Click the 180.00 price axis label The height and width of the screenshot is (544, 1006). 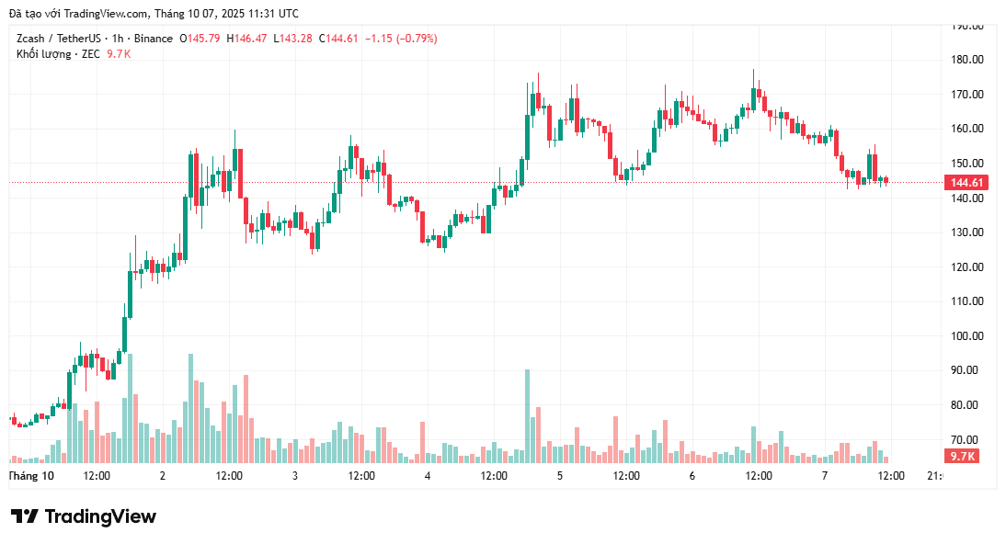969,60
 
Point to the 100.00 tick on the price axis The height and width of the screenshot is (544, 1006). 969,335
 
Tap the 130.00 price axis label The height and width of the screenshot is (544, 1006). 969,232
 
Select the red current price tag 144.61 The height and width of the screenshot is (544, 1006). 967,183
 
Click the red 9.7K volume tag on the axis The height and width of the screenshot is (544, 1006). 963,457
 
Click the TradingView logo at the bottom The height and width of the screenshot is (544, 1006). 84,516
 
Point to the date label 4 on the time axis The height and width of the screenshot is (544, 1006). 428,476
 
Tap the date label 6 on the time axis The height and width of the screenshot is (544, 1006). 692,476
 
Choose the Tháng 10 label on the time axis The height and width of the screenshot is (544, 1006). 31,476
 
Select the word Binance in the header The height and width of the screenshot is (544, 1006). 152,39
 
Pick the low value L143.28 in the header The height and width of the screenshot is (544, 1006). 292,39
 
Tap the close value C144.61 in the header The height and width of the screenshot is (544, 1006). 339,39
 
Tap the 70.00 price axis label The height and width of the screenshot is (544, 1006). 969,439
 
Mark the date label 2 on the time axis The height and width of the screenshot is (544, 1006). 163,476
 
